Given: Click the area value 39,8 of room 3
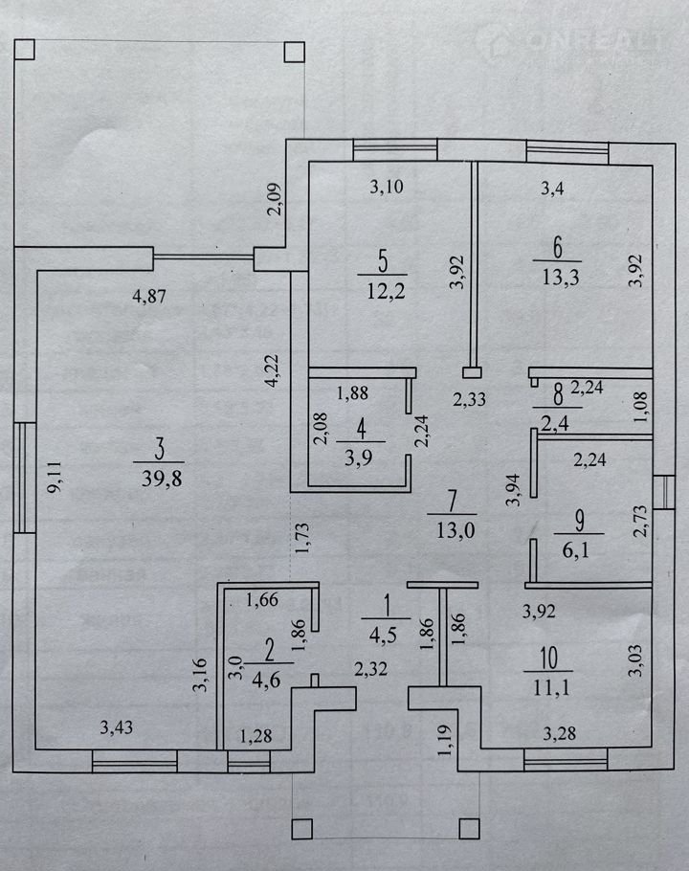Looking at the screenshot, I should pos(161,479).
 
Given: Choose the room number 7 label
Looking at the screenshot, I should pos(451,500).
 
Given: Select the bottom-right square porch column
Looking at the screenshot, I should pos(468,828).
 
